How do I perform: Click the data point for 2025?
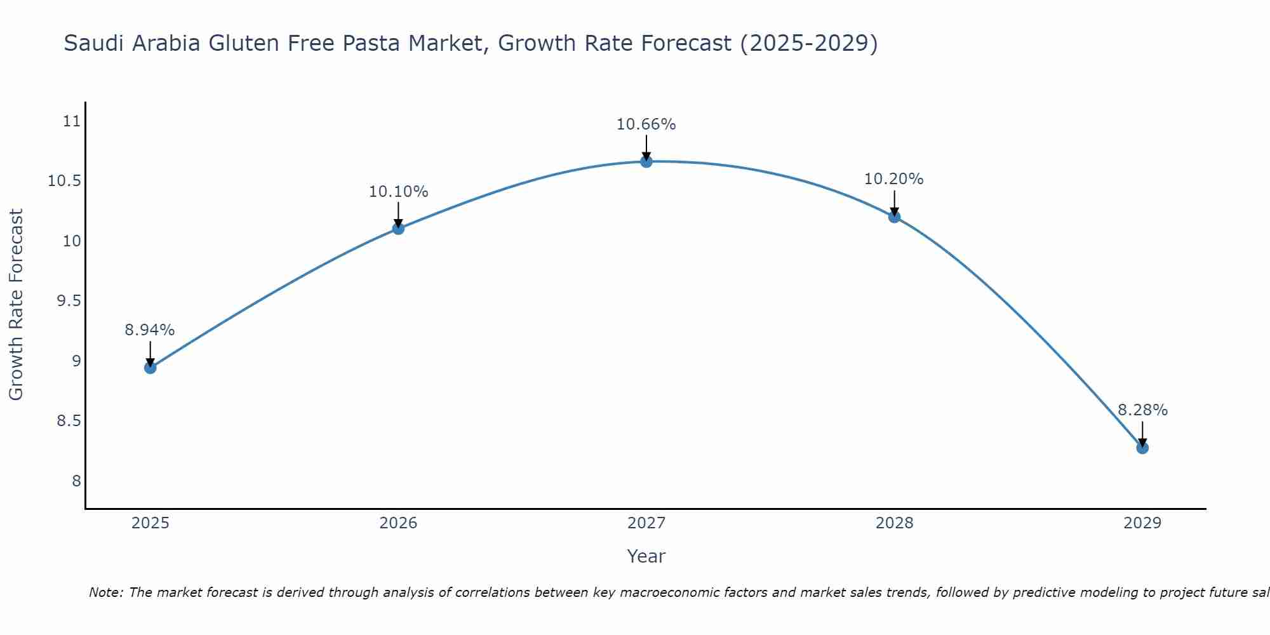point(150,368)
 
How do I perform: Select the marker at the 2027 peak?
point(646,162)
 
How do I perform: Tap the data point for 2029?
point(1142,448)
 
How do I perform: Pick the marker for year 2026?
point(398,229)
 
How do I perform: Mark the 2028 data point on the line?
point(894,217)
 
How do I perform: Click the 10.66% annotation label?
point(646,124)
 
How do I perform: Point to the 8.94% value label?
point(150,330)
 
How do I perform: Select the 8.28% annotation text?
point(1142,410)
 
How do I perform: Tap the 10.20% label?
point(894,179)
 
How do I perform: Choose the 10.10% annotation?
point(398,191)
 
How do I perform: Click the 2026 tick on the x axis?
point(398,523)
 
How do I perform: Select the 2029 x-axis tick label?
point(1142,523)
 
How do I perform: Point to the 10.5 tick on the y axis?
point(65,181)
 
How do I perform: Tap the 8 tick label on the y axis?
point(77,481)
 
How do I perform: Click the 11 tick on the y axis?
point(72,121)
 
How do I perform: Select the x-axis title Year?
point(646,556)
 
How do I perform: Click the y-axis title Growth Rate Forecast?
point(16,304)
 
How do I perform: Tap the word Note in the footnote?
point(105,592)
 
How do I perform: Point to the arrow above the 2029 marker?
point(1142,434)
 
